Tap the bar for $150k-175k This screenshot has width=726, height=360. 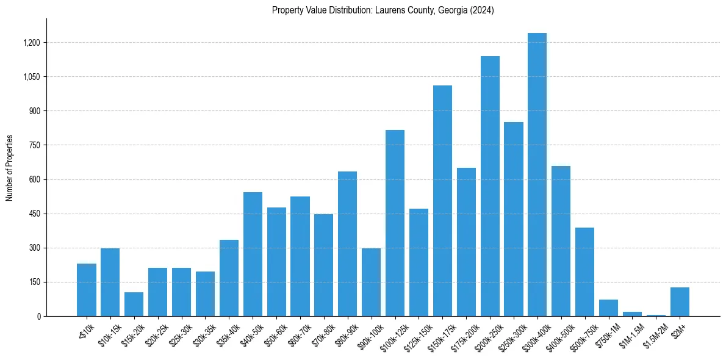(x=442, y=201)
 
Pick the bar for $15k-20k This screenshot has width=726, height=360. (x=134, y=304)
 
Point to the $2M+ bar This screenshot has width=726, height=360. (x=680, y=301)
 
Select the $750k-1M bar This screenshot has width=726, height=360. (x=608, y=308)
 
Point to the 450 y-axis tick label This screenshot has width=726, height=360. (x=35, y=214)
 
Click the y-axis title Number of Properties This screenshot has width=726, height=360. (x=10, y=168)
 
